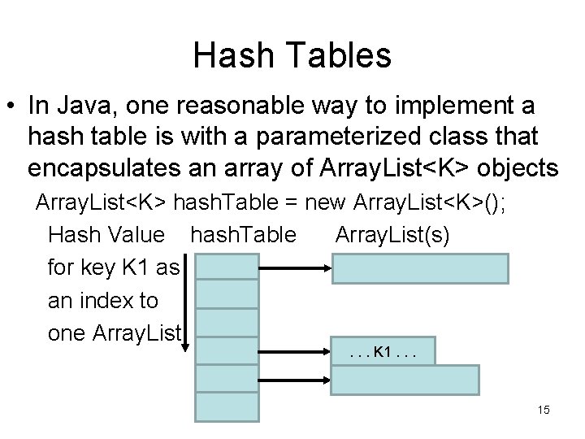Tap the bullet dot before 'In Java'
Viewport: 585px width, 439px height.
[x=12, y=107]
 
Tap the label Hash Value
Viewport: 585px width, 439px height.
[x=107, y=236]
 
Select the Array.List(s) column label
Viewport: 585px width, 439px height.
[x=396, y=236]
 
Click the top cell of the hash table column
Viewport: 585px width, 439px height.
[x=227, y=266]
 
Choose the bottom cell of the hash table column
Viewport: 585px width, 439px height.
[x=227, y=407]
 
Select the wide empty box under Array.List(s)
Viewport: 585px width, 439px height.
[x=419, y=267]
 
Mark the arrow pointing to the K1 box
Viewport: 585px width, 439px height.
[x=295, y=354]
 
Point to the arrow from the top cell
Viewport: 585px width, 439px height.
[x=295, y=267]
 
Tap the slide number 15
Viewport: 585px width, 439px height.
[x=543, y=410]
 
